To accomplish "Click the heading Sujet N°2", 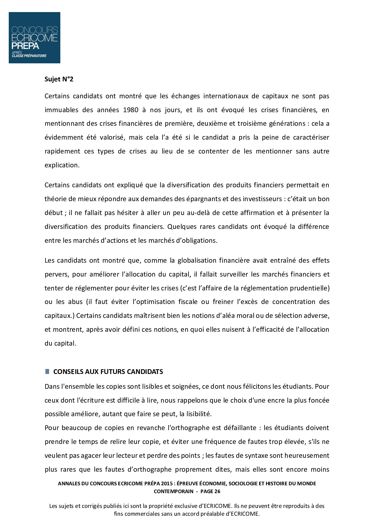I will (59, 79).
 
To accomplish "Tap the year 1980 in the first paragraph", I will (131, 110).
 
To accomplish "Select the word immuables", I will (62, 110).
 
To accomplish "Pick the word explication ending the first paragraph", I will (62, 165).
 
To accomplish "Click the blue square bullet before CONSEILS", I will (47, 371).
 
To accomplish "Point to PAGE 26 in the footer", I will (210, 491).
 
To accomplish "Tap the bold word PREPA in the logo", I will (25, 46).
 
